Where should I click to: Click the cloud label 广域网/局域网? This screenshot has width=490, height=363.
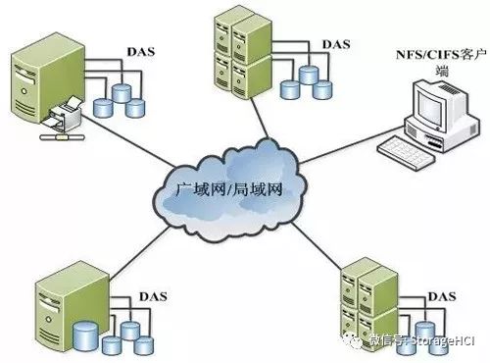pos(228,189)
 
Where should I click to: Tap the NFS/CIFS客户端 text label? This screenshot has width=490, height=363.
pos(441,61)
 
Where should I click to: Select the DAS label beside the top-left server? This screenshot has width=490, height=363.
pos(141,52)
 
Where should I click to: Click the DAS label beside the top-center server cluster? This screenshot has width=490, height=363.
pos(336,44)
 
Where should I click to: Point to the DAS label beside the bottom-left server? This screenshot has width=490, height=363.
pos(153,296)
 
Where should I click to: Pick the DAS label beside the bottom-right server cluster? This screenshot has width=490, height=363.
pos(442,296)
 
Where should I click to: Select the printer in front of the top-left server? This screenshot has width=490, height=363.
pos(65,112)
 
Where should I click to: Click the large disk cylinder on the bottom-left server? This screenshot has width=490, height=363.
pos(85,336)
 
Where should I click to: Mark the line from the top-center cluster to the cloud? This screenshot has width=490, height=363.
pos(261,118)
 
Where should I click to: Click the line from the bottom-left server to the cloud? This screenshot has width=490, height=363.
pos(139,254)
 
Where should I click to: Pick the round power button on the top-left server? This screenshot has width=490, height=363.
pos(24,91)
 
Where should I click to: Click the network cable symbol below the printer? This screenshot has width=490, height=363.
pos(62,137)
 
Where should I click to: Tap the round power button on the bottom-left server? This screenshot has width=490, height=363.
pos(48,319)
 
